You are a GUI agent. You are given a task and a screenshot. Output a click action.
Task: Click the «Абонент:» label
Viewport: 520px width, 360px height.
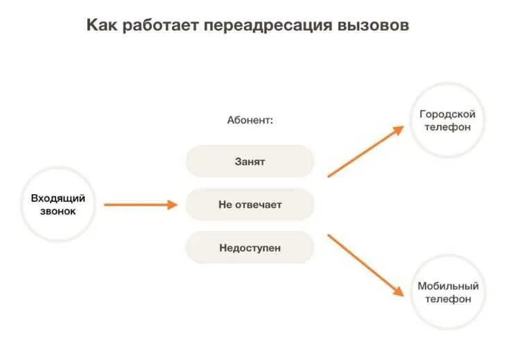[x=250, y=120]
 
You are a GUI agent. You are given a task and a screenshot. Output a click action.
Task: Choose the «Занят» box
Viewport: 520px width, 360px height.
[x=250, y=162]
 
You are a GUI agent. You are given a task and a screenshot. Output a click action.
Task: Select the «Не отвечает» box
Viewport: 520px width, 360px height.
[x=250, y=205]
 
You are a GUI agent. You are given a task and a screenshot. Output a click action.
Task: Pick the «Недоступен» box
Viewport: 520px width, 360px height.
[x=250, y=248]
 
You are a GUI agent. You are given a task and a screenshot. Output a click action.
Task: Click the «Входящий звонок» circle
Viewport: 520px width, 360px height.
[x=58, y=205]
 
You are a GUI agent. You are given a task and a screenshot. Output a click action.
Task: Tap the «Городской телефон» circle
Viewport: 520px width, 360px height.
[x=448, y=121]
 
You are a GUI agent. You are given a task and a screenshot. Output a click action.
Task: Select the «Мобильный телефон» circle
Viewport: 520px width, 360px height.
[x=448, y=292]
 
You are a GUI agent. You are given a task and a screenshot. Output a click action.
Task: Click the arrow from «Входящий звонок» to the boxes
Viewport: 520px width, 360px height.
[x=141, y=205]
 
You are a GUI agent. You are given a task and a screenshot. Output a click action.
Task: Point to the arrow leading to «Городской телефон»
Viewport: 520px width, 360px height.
[x=365, y=151]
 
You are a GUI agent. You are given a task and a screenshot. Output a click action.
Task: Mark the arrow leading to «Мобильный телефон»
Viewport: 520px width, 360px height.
[x=365, y=265]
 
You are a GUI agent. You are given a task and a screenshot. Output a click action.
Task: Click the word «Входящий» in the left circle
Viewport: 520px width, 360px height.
[x=58, y=198]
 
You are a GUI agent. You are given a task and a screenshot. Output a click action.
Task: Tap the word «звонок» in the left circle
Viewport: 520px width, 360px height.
[x=58, y=212]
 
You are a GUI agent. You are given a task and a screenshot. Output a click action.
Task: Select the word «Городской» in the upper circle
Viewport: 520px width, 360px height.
[x=448, y=114]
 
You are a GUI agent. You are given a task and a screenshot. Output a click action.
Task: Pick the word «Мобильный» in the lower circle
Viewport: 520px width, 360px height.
[x=448, y=286]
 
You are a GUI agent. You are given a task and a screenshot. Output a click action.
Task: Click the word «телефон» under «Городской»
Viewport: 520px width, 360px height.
[x=448, y=128]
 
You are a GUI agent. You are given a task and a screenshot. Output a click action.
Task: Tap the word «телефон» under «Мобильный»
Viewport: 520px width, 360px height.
[x=448, y=299]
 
